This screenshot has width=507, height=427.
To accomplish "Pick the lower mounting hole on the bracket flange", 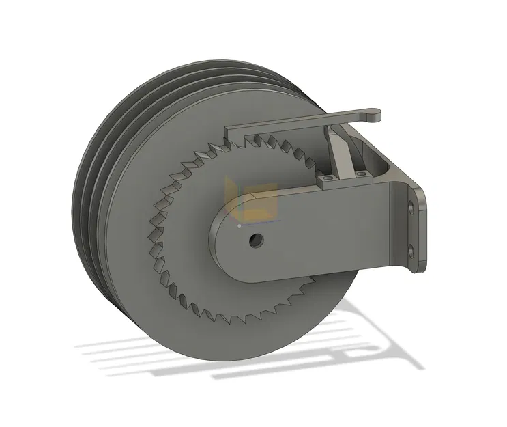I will [x=411, y=247].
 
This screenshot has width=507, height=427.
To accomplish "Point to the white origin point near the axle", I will [x=240, y=223].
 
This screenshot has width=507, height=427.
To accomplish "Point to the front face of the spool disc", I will [x=184, y=301].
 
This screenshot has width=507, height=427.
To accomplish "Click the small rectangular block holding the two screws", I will [x=345, y=179].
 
